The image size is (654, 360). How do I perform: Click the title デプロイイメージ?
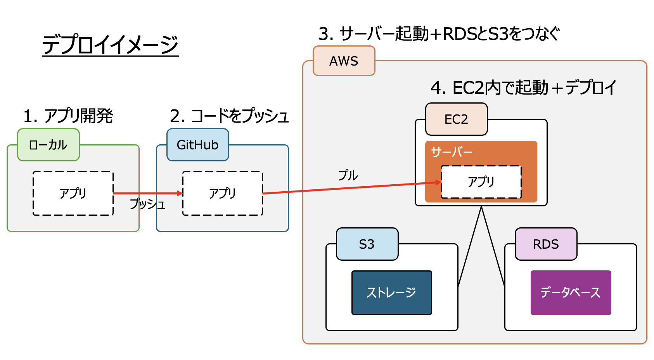(110, 45)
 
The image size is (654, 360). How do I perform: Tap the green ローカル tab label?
(48, 145)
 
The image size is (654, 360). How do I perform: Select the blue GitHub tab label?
(198, 145)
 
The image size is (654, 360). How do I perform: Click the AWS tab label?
(344, 61)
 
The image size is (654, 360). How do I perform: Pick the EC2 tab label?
(456, 119)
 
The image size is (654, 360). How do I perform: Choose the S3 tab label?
(367, 244)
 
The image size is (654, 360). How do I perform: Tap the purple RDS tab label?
(546, 244)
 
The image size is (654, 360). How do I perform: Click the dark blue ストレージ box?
(391, 292)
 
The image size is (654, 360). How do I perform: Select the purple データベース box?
(571, 292)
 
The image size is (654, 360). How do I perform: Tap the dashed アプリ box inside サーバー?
(481, 182)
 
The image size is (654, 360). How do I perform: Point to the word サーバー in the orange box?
(452, 152)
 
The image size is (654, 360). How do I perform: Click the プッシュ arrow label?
(148, 204)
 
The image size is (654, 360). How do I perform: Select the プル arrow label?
(348, 175)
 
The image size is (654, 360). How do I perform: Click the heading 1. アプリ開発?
(68, 116)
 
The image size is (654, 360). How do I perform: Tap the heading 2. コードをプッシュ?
(229, 116)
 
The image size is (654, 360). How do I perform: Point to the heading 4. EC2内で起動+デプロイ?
(523, 88)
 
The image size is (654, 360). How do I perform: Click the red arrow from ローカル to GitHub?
(147, 193)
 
